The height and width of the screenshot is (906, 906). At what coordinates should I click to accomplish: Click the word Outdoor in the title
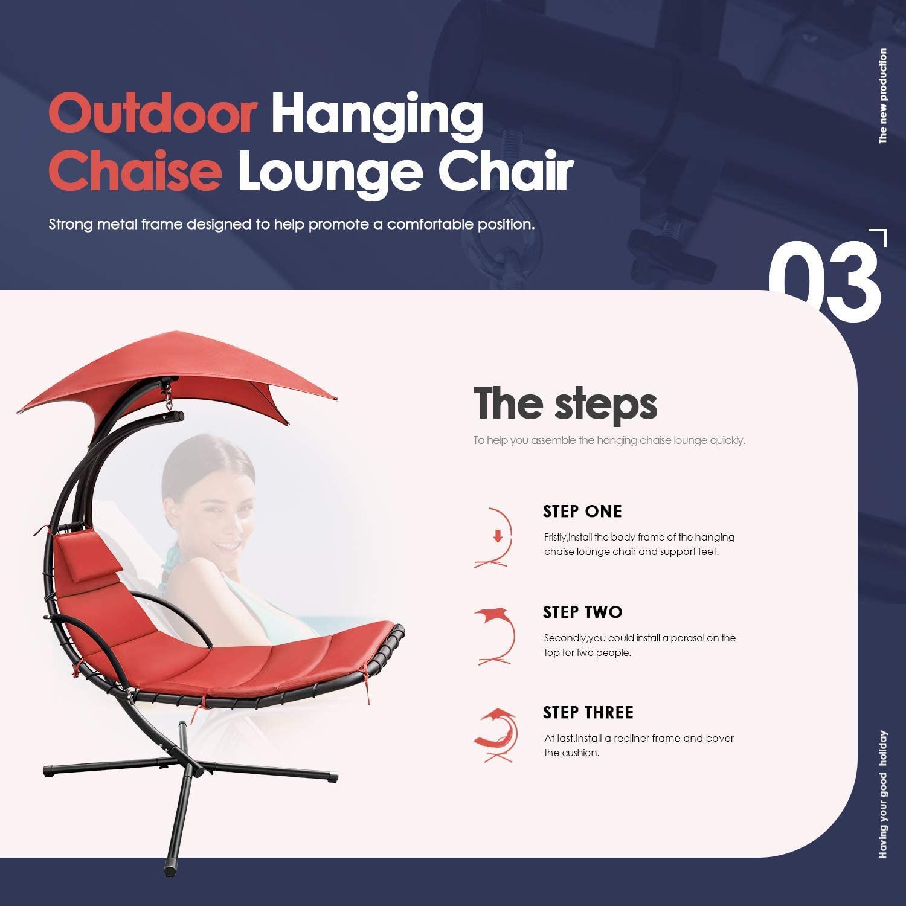coord(153,114)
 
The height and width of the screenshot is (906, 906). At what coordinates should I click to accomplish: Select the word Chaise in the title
coord(135,171)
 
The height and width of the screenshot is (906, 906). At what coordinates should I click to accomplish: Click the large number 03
coord(824,281)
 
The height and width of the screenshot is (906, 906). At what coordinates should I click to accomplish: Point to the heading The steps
coord(565,403)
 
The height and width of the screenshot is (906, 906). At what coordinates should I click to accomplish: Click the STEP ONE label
coord(582,512)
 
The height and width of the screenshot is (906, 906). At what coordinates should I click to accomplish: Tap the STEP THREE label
coord(588,713)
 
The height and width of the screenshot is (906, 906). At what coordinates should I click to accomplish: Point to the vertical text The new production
coord(883,96)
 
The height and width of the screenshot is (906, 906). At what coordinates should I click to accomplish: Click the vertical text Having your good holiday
coord(883,794)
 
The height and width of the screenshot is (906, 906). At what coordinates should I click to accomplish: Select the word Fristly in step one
coord(555,538)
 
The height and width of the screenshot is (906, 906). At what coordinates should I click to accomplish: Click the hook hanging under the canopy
coord(167,396)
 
